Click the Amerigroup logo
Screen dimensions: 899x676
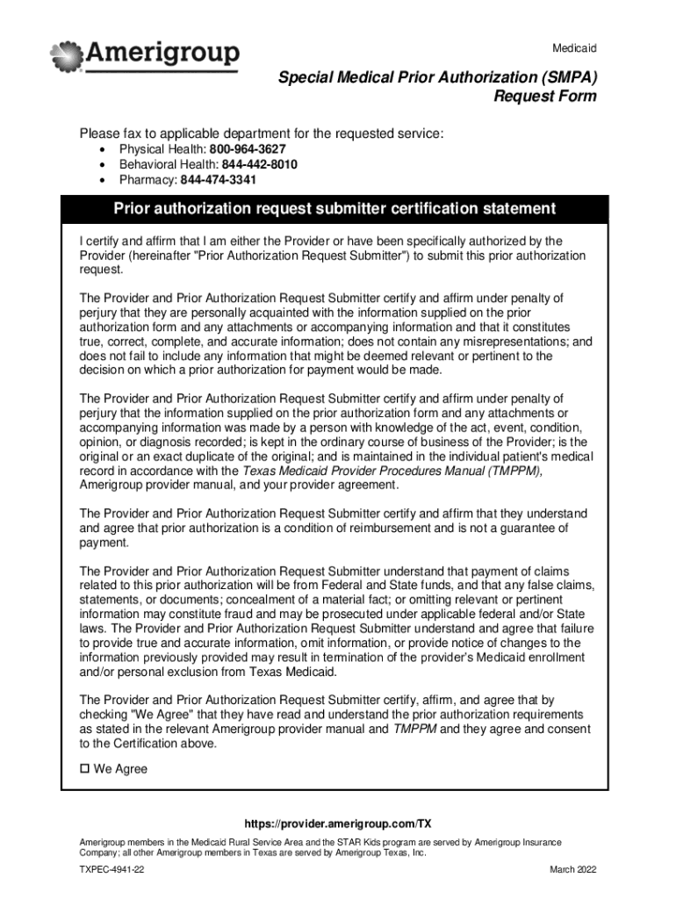145,56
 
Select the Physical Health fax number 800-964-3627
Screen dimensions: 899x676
247,149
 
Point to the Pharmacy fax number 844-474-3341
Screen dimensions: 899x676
219,180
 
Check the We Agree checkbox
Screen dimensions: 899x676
85,769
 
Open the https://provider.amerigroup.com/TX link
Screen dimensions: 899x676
338,824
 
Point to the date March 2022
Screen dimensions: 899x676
572,869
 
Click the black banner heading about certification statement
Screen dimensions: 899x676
334,209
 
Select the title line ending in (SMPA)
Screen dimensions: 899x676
437,78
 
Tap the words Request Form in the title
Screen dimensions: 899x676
544,97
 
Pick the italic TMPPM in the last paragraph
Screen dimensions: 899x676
413,729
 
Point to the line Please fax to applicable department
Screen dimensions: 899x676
262,133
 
